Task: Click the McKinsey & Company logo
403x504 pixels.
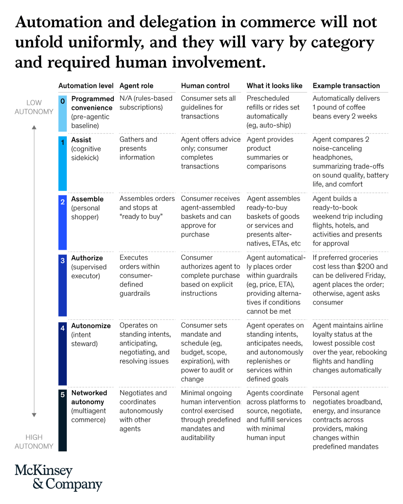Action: coord(58,477)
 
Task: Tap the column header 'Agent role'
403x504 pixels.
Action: coord(136,86)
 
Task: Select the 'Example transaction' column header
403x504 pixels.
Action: coord(346,86)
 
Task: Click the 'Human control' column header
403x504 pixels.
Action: coord(205,86)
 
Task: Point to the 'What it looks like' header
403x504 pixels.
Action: coord(275,86)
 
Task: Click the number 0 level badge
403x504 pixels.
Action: coord(63,101)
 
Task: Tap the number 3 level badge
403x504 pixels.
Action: coord(63,260)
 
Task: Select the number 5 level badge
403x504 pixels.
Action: coord(63,395)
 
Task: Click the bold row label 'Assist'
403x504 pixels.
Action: coord(81,140)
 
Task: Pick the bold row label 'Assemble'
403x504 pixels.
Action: coord(87,199)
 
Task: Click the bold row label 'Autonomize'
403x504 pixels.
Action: coord(91,325)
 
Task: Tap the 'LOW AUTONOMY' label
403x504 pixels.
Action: coord(34,107)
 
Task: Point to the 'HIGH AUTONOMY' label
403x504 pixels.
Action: coord(34,441)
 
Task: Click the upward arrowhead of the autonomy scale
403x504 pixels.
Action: coord(34,126)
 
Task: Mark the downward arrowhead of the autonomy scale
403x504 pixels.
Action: coord(34,415)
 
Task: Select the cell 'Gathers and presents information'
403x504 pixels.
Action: coord(139,148)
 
